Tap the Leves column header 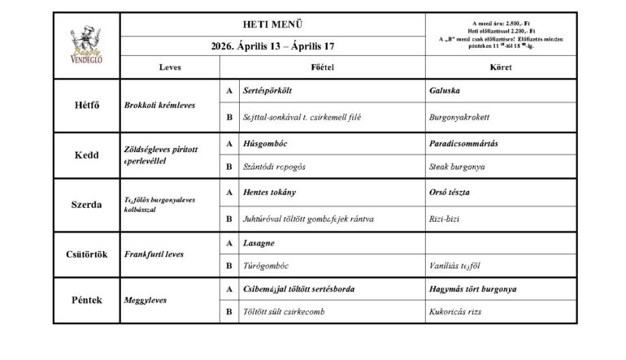pyautogui.click(x=170, y=67)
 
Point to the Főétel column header pyautogui.click(x=323, y=67)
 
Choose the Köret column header pyautogui.click(x=500, y=67)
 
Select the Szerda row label pyautogui.click(x=86, y=204)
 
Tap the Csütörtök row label pyautogui.click(x=86, y=254)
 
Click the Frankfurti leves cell pyautogui.click(x=154, y=254)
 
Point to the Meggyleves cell pyautogui.click(x=146, y=300)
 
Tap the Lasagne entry pyautogui.click(x=261, y=243)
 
